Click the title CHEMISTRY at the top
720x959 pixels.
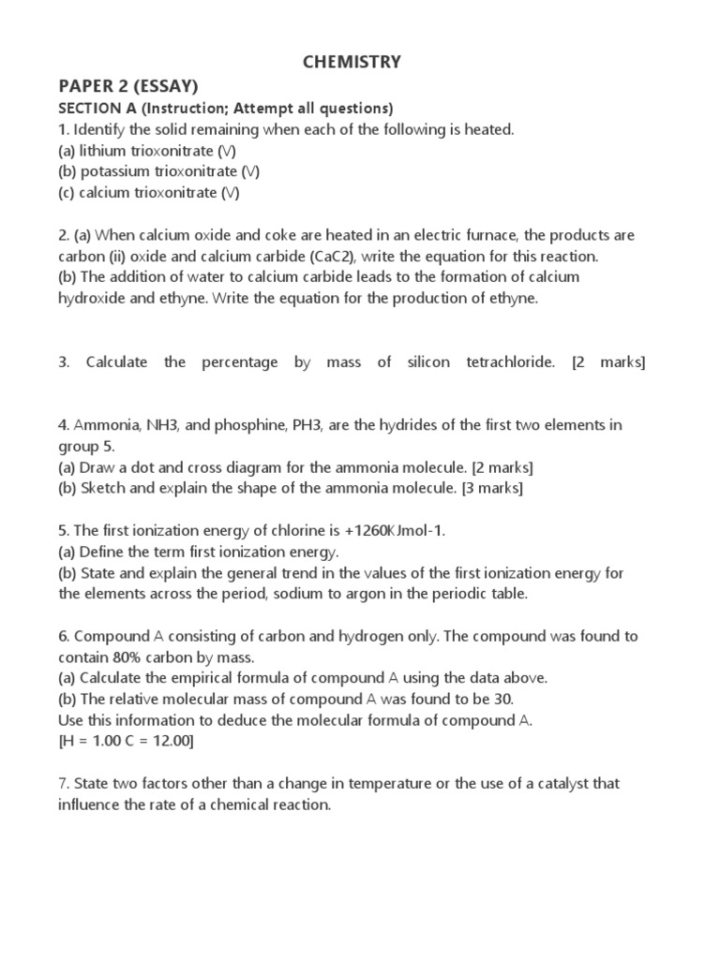click(352, 63)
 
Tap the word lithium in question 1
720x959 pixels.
click(105, 151)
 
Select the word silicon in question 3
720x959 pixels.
click(429, 362)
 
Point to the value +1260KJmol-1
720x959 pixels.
click(385, 531)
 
